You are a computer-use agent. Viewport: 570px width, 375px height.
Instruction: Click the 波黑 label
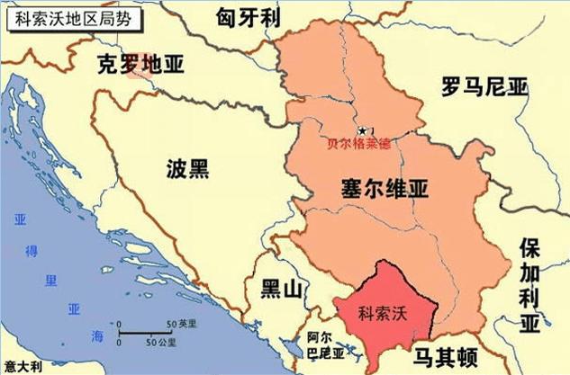coord(188,168)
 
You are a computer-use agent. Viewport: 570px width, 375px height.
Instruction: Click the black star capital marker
coord(363,131)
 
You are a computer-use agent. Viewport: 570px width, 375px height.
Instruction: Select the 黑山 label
coord(278,289)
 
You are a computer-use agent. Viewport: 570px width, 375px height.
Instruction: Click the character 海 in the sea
coord(97,335)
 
